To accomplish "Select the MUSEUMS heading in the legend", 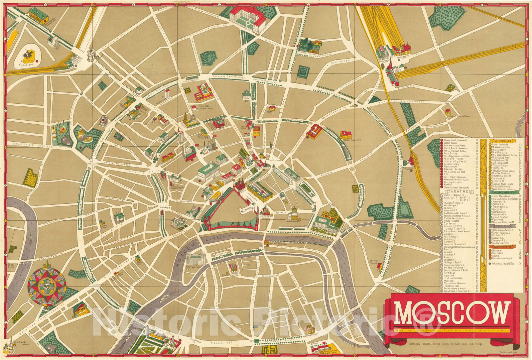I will click(x=503, y=141).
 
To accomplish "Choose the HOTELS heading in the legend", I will click(x=502, y=247).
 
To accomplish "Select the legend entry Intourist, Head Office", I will click(x=502, y=264).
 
